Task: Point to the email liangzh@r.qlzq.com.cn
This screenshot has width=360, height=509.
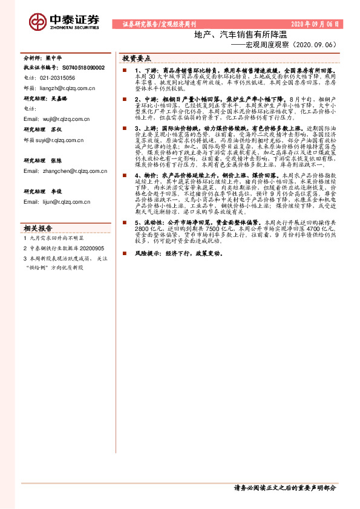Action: (x=66, y=88)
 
